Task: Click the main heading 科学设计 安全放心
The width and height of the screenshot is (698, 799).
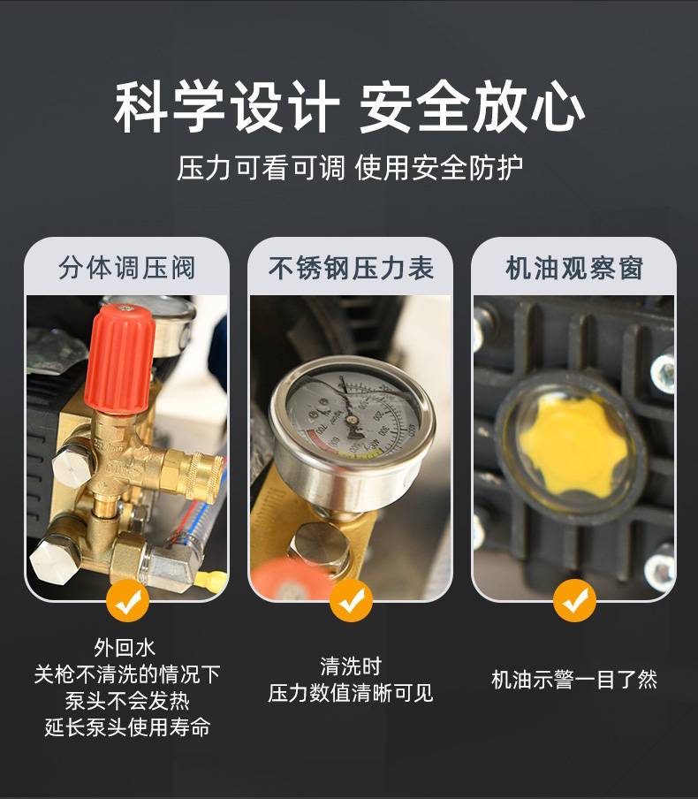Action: click(350, 106)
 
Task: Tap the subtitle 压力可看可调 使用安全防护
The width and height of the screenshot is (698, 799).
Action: click(350, 168)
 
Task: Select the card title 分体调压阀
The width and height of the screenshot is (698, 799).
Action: click(127, 268)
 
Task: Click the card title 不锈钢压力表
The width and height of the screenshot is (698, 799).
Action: click(351, 268)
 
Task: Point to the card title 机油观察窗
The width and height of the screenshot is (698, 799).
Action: click(574, 268)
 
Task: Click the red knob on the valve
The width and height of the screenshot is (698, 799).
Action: click(120, 359)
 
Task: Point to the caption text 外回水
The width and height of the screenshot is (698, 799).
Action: click(125, 648)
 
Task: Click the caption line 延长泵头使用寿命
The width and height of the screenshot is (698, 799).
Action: click(127, 727)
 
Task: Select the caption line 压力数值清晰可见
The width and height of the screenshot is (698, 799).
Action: click(351, 693)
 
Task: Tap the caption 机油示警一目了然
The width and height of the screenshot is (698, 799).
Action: click(574, 680)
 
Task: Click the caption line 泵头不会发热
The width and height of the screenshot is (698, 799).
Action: click(127, 701)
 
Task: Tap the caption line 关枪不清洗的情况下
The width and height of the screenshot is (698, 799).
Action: click(127, 674)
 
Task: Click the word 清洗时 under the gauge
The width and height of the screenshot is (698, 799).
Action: click(351, 666)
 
